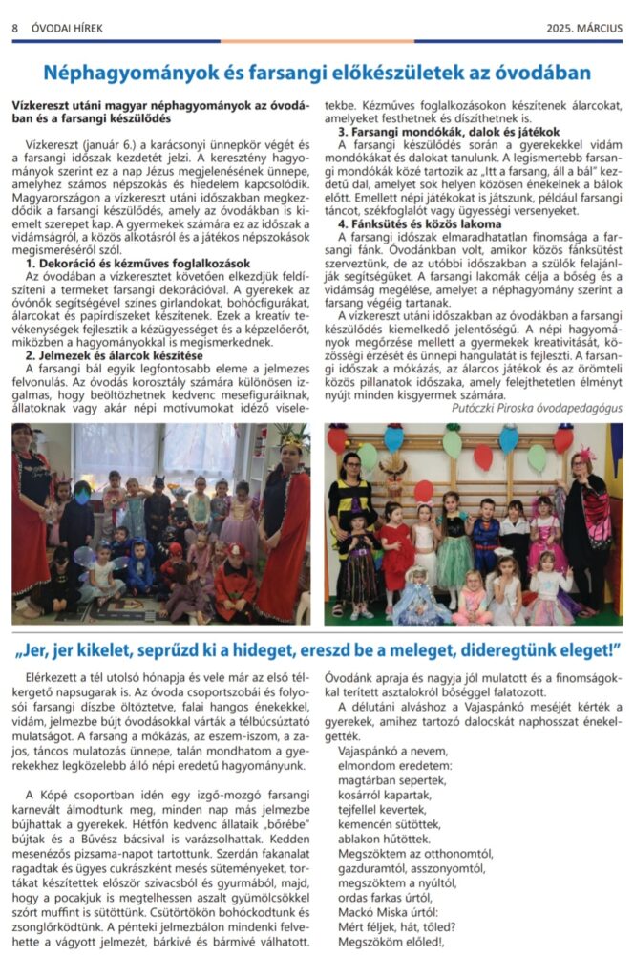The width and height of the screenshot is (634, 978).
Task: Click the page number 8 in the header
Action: click(x=15, y=29)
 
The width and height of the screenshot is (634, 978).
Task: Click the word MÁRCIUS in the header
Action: click(x=597, y=29)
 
